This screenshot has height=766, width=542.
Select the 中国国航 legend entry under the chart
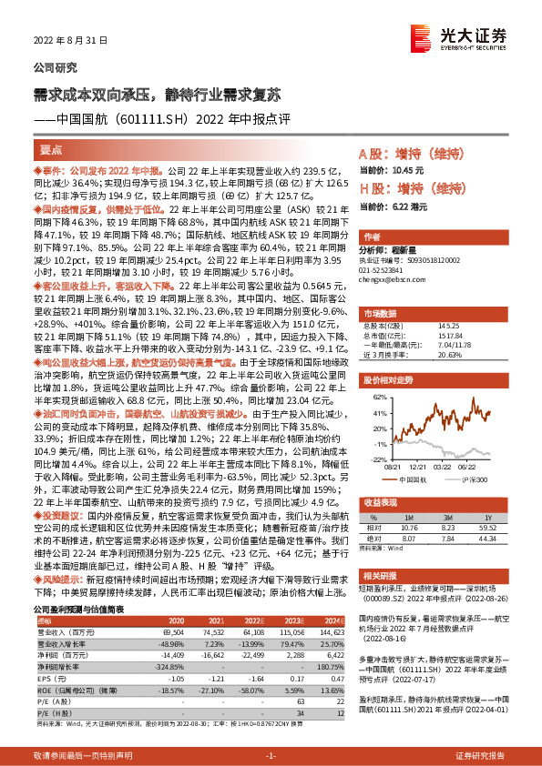[416, 479]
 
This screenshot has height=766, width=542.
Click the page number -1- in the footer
[271, 756]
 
